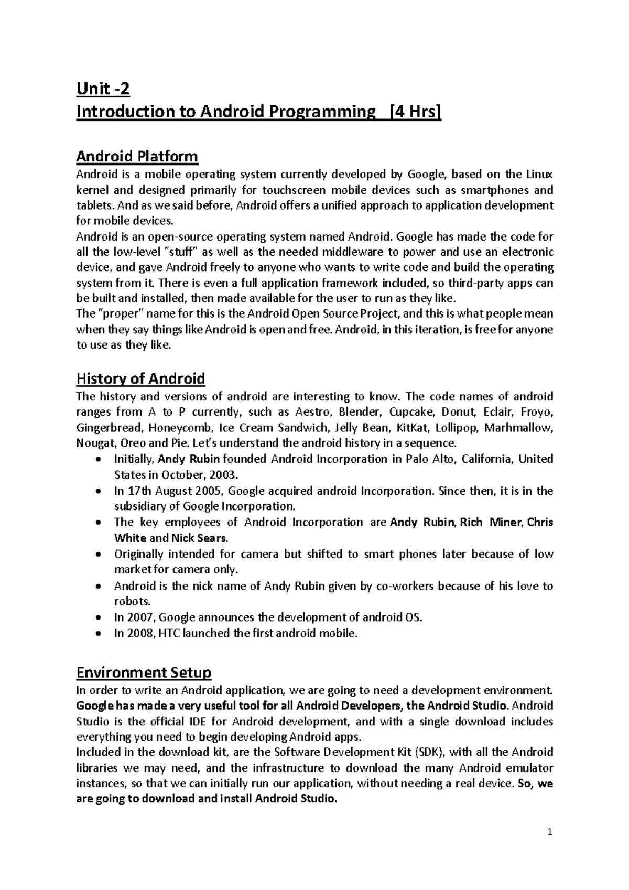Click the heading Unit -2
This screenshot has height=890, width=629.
[103, 90]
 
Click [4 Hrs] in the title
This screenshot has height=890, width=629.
[414, 112]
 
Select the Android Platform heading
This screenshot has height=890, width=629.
[137, 156]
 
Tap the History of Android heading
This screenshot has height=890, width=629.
[140, 378]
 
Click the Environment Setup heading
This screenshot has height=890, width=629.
[143, 672]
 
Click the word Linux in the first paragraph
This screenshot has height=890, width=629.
[539, 174]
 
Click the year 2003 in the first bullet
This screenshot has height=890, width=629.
[226, 475]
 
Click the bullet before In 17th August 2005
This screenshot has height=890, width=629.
[100, 492]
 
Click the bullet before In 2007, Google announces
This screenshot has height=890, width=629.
[100, 618]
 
